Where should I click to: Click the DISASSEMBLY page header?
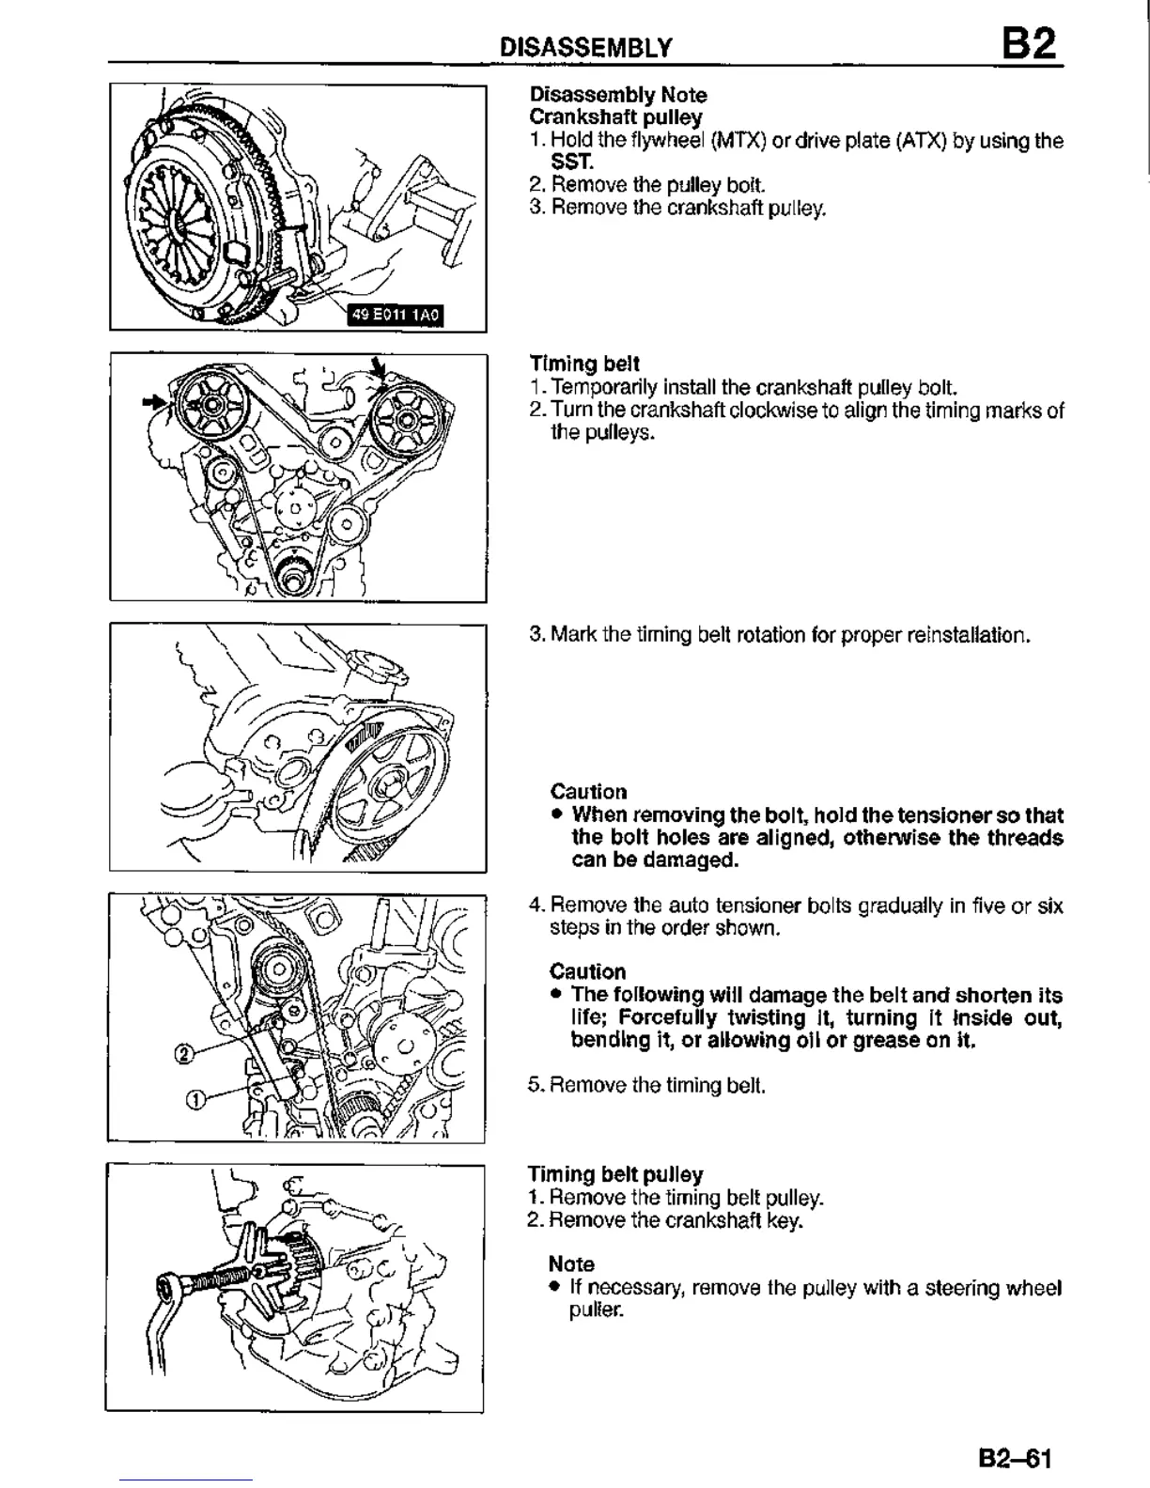point(585,48)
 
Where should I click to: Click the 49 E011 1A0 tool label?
point(394,316)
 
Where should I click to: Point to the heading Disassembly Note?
point(618,95)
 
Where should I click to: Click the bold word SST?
point(567,163)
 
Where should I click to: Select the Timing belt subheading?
point(584,364)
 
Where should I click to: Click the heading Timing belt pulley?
point(615,1174)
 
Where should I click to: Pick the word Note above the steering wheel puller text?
point(571,1264)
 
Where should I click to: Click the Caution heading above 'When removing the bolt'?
point(588,791)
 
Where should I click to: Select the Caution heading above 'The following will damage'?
point(587,971)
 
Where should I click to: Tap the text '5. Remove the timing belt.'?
point(646,1086)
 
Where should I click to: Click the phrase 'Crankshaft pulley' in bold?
point(615,117)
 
